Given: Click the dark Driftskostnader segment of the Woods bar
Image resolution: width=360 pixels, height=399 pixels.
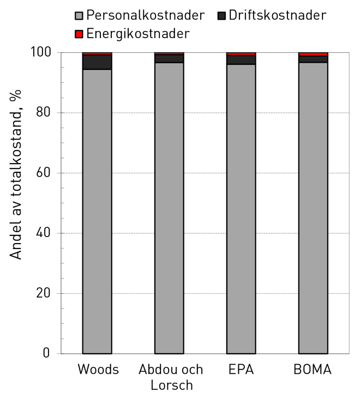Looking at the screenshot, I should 97,62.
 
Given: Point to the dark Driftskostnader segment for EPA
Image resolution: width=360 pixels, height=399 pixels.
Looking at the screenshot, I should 241,59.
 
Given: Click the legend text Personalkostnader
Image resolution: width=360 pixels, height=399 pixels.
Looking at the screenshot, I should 145,15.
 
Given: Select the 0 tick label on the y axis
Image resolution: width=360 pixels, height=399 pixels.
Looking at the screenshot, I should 48,354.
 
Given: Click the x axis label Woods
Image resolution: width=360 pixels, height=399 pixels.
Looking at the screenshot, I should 98,370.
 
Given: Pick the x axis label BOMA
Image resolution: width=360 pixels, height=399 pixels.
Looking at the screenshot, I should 313,370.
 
